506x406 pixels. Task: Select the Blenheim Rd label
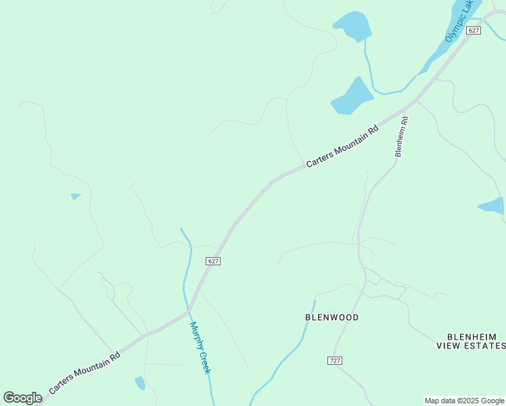(402, 137)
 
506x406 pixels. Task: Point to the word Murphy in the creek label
(196, 335)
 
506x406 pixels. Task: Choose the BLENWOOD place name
(331, 317)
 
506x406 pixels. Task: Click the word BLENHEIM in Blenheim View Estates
(471, 336)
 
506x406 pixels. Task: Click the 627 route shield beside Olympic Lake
(474, 30)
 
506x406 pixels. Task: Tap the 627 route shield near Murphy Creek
(212, 261)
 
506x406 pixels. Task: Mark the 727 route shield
(335, 360)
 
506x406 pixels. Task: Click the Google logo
(22, 398)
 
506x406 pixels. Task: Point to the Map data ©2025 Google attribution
(464, 401)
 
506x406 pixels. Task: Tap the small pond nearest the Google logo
(140, 383)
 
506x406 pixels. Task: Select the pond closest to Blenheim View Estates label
(491, 205)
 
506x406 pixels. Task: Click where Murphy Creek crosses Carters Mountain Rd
(187, 312)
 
